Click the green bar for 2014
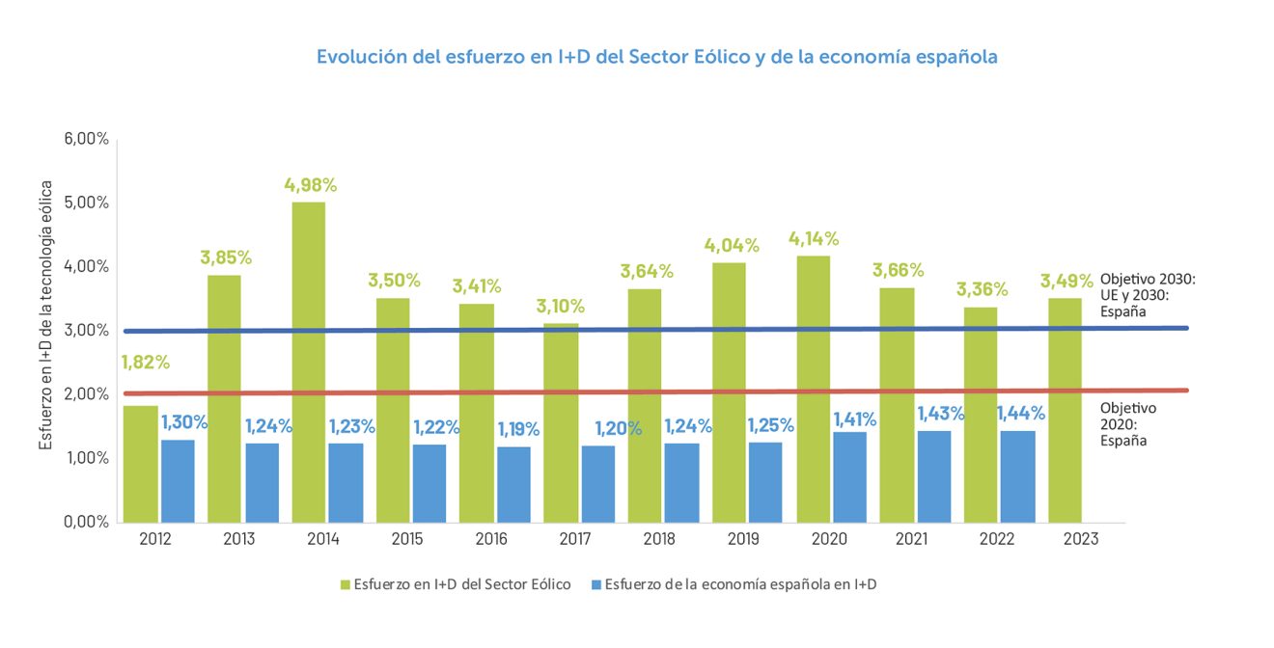308,363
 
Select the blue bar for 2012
178,481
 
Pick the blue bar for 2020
849,476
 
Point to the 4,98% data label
310,185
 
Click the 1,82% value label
145,363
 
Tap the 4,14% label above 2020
814,238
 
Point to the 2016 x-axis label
492,539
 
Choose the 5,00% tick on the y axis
87,202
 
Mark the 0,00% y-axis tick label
87,522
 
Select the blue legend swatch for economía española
595,583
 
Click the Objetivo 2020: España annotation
1127,424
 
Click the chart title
656,57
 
